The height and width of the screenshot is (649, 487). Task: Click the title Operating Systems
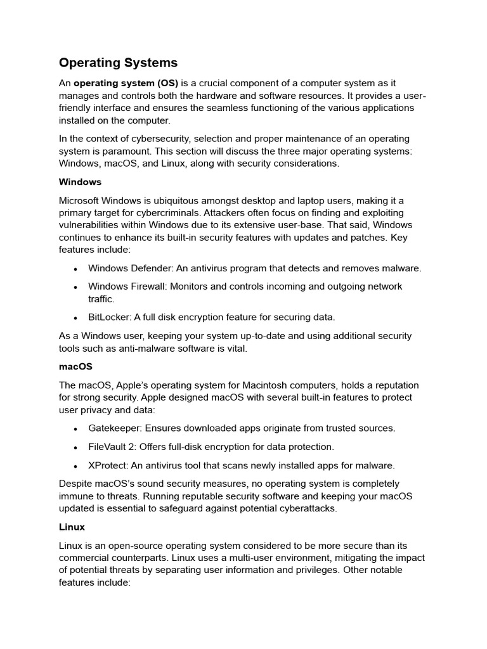[x=118, y=63]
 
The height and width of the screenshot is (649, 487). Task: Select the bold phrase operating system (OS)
[x=126, y=84]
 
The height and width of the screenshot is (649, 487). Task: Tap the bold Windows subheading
[x=80, y=182]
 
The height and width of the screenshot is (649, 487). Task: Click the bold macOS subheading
[x=75, y=366]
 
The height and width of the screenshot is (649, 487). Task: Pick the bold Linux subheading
[x=72, y=527]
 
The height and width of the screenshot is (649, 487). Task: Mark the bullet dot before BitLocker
[x=75, y=318]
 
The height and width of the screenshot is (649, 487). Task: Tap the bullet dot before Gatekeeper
[x=75, y=428]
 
